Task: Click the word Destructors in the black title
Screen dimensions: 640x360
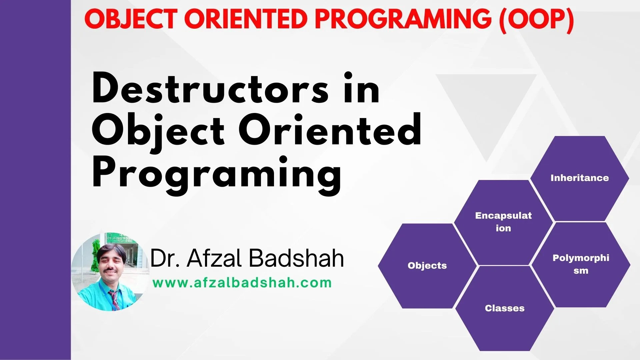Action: click(210, 88)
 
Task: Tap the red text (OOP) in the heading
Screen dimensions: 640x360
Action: click(536, 19)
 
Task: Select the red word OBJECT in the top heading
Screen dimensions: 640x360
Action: click(131, 19)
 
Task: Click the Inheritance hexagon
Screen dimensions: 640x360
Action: click(579, 178)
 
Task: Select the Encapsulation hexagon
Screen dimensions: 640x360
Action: click(503, 222)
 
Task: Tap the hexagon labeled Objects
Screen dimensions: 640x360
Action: click(427, 266)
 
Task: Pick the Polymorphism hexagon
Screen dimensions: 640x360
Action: click(581, 265)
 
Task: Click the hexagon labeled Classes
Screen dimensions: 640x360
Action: click(505, 308)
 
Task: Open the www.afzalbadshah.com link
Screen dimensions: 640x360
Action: click(242, 283)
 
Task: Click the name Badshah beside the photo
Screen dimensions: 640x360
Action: click(296, 258)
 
